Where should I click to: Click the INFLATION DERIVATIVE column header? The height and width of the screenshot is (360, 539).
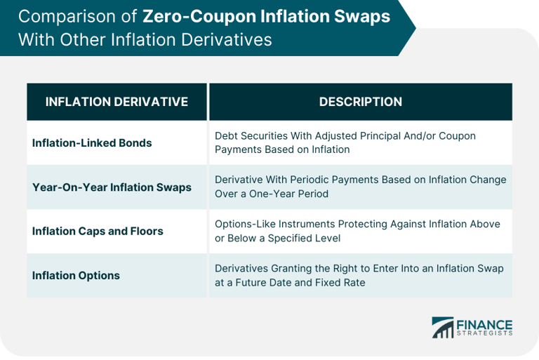point(117,102)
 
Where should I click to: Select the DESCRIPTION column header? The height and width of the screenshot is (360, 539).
point(360,102)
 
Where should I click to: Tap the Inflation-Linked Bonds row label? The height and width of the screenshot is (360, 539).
point(92,142)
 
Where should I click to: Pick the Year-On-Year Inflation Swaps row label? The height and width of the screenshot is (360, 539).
point(112,187)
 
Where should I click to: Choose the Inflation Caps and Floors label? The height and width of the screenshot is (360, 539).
point(98,231)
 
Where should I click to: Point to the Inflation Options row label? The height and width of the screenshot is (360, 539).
point(76,275)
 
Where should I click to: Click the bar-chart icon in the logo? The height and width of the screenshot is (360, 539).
point(442,327)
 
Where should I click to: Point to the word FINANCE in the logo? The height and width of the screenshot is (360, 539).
point(484,325)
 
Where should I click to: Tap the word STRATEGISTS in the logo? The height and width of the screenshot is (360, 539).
point(484,333)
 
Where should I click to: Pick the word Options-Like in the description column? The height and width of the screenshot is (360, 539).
point(245,224)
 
